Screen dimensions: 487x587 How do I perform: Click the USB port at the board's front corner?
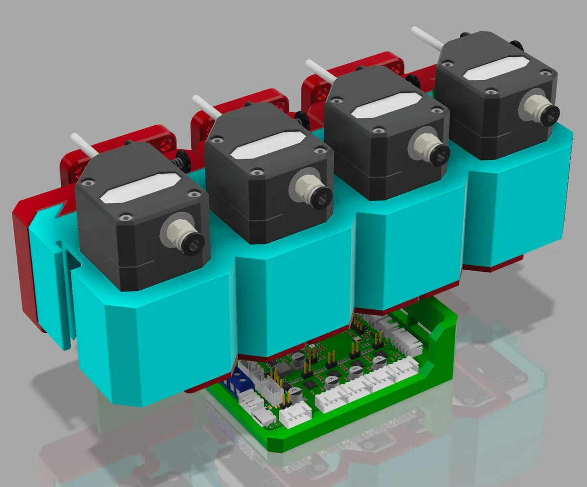click(x=262, y=418)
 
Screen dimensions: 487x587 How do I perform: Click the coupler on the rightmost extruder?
click(x=546, y=114)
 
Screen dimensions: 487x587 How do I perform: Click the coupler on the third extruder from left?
click(x=436, y=153)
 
